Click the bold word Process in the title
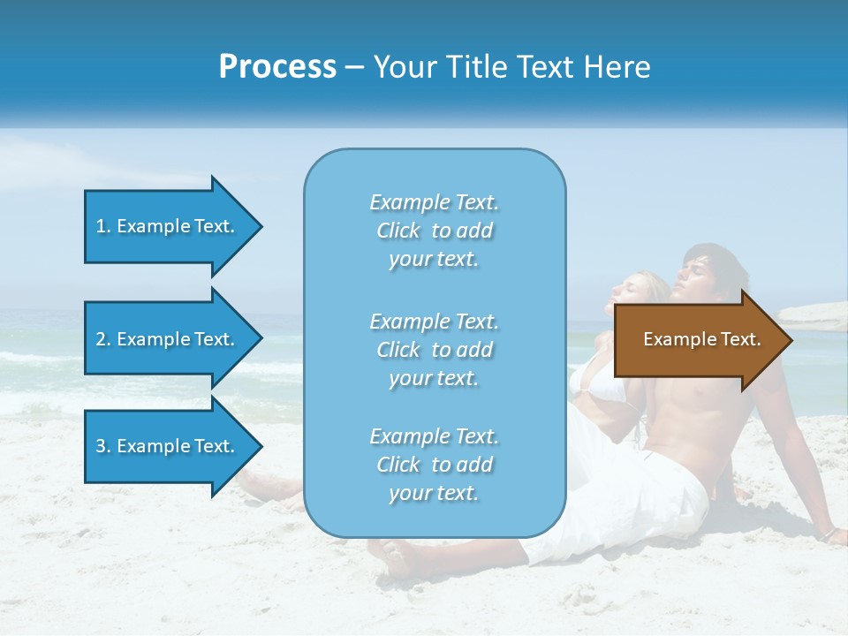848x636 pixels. coord(277,67)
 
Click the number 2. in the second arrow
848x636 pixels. coord(103,339)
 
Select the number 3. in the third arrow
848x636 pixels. coord(103,446)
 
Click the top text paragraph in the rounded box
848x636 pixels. coord(434,231)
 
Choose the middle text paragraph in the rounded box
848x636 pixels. coord(434,350)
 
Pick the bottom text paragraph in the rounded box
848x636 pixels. coord(434,465)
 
